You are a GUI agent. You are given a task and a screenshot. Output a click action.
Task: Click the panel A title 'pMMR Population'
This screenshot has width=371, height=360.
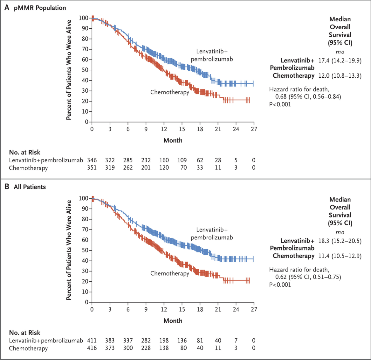point(40,8)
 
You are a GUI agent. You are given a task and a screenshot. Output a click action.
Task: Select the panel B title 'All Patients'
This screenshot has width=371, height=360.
point(30,187)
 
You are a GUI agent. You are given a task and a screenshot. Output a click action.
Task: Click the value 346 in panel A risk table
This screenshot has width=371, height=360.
point(92,160)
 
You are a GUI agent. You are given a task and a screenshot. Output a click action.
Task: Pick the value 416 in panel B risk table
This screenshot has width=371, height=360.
point(92,348)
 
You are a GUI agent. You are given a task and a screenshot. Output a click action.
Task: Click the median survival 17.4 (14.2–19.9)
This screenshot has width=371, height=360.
point(340,60)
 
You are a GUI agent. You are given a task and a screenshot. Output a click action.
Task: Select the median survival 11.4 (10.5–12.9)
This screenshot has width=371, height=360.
point(340,256)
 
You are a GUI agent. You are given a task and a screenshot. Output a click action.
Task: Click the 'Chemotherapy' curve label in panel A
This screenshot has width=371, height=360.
point(169,92)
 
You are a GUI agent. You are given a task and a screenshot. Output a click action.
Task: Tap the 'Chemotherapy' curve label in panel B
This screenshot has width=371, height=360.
point(169,273)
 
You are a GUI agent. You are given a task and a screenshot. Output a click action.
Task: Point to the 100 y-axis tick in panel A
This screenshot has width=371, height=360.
point(84,18)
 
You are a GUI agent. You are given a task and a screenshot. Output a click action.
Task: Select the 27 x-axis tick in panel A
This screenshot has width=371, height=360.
point(254,129)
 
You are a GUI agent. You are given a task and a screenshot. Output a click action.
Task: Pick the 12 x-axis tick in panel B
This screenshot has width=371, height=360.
point(164,309)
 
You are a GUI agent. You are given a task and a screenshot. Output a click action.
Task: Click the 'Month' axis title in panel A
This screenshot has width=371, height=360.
point(173,140)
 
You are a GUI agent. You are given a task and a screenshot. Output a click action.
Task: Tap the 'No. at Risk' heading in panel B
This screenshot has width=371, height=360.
point(24,333)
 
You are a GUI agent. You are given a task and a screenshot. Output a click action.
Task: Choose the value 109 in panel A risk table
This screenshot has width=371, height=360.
point(182,160)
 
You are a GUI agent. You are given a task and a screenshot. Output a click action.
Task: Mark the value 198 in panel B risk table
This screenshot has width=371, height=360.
point(164,341)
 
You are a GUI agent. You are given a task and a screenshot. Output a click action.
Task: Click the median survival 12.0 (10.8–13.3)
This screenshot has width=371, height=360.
point(340,76)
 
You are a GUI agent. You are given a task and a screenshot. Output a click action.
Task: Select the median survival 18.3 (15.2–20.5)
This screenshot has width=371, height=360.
point(340,241)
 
